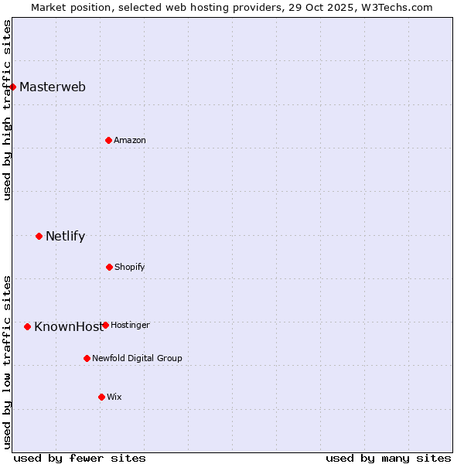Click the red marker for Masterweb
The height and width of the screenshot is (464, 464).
tap(13, 87)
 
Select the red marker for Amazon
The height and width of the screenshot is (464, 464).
tap(108, 140)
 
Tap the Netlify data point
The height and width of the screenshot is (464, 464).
tap(39, 236)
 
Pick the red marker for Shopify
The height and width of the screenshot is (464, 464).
tap(109, 267)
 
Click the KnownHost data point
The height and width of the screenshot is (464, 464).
tap(27, 326)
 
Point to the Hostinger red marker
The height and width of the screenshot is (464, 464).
tap(105, 325)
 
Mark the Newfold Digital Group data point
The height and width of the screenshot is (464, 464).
tap(87, 358)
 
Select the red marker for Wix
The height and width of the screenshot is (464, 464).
tap(101, 397)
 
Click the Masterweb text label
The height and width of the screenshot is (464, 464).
tap(53, 87)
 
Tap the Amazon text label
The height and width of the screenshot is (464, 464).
tap(130, 140)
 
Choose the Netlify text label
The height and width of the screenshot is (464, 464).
tap(65, 236)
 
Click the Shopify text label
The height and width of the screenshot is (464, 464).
tap(130, 267)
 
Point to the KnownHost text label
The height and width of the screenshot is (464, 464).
tap(67, 326)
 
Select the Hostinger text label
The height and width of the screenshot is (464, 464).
tap(130, 325)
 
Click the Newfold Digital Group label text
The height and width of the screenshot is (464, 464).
tap(137, 358)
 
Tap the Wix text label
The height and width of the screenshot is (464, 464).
tap(114, 397)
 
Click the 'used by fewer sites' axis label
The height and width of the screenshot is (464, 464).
tap(80, 458)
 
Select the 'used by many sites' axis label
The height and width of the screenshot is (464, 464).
tap(388, 458)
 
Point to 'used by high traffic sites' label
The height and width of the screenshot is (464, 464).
tap(7, 110)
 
